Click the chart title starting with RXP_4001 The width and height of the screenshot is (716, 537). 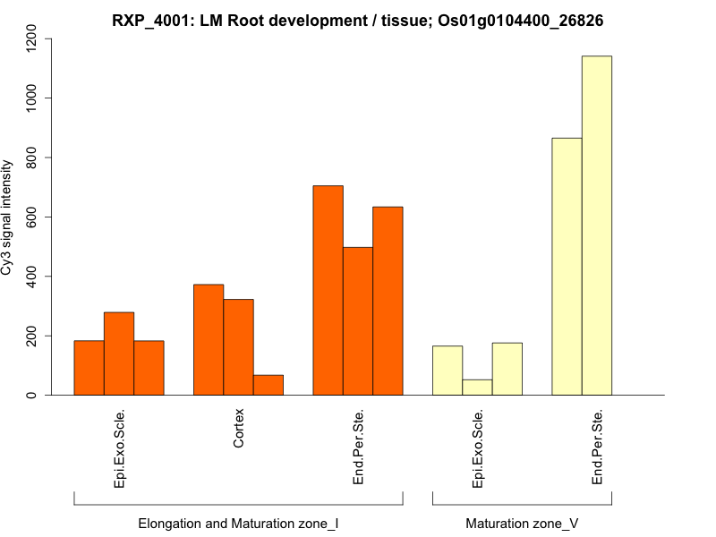(x=357, y=20)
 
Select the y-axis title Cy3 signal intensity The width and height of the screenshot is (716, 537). (x=7, y=217)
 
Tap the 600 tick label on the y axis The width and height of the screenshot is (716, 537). (x=33, y=217)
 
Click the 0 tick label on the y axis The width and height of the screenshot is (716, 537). (x=33, y=395)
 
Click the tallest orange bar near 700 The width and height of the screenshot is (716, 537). (x=328, y=290)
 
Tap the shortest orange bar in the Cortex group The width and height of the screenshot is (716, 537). (x=268, y=385)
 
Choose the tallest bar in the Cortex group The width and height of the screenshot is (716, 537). (x=209, y=340)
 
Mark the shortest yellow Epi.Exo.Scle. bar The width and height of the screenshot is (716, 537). (x=477, y=388)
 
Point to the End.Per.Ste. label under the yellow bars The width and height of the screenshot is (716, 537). (x=597, y=447)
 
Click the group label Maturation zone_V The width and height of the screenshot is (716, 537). (x=522, y=523)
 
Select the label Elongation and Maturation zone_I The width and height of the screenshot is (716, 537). (x=238, y=523)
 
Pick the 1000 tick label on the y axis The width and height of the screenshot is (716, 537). (x=33, y=98)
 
